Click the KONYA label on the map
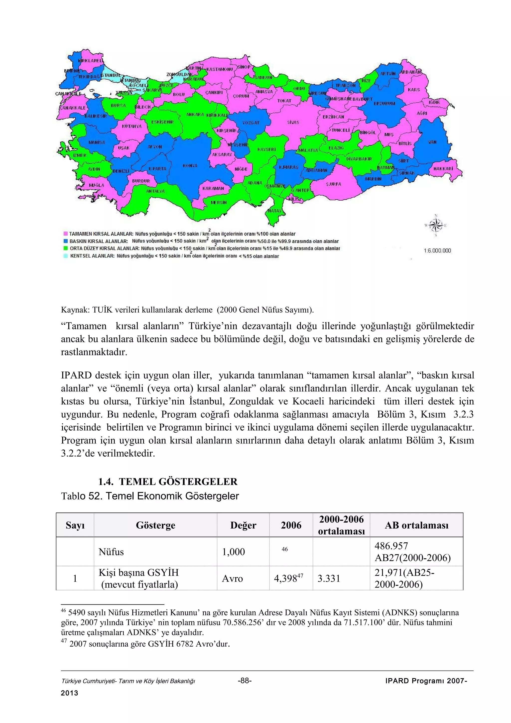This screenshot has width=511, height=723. (190, 166)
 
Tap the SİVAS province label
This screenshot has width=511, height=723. (293, 122)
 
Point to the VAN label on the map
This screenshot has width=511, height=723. (432, 142)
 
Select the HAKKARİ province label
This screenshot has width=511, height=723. (443, 169)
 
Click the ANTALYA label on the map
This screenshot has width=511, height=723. (155, 191)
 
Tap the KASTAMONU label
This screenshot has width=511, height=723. (220, 69)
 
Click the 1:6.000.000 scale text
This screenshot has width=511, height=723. (437, 251)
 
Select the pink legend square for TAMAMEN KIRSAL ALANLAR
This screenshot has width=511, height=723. (65, 234)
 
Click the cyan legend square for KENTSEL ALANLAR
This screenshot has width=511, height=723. (65, 256)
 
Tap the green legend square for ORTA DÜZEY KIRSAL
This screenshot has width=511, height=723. (65, 248)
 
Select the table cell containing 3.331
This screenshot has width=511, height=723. (329, 579)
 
